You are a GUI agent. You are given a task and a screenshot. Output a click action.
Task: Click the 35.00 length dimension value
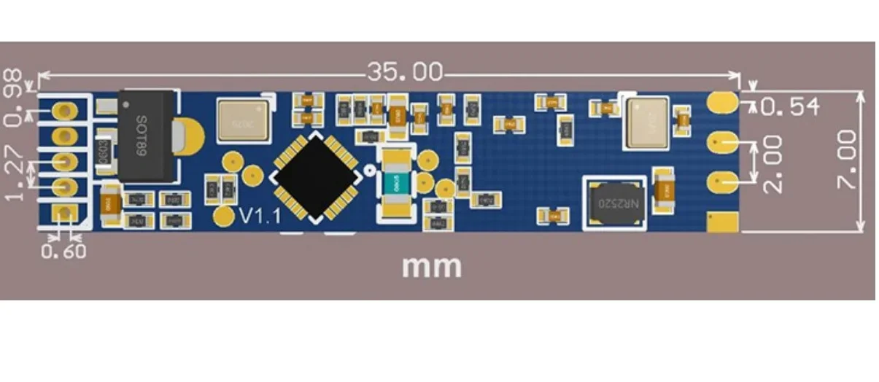(405, 71)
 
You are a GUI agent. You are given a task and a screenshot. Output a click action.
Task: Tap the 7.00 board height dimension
(846, 160)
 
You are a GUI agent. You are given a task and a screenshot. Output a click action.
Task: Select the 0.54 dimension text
(790, 107)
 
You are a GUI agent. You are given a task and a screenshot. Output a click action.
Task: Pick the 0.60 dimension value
(63, 252)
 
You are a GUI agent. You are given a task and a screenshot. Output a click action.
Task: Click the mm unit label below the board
(431, 266)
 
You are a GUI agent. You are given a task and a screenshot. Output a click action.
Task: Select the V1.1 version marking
(260, 216)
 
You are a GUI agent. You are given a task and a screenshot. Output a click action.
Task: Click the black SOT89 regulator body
(147, 136)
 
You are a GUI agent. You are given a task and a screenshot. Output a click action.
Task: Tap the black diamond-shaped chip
(316, 176)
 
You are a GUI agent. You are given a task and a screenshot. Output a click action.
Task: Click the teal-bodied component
(394, 179)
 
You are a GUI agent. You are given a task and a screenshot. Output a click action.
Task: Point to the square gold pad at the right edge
(722, 222)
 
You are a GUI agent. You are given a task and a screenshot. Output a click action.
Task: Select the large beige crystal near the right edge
(646, 121)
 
